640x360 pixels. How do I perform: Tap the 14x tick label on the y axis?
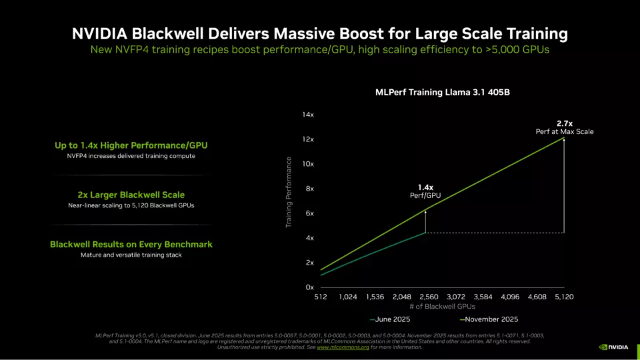click(x=308, y=115)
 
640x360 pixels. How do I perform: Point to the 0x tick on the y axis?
click(x=310, y=287)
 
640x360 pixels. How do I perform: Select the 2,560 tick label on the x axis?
click(x=429, y=297)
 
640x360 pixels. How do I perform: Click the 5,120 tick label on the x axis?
click(x=563, y=297)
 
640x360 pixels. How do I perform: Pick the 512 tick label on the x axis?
click(x=321, y=297)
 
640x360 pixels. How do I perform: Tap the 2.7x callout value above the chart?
click(x=565, y=123)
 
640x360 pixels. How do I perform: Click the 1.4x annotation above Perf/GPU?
click(x=425, y=187)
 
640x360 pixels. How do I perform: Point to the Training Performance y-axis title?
click(x=289, y=192)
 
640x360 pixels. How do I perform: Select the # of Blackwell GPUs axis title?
click(x=442, y=307)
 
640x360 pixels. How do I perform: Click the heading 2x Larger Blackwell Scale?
click(x=131, y=195)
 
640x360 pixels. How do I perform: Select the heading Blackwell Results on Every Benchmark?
click(x=131, y=245)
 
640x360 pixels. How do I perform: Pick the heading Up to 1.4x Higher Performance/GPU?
click(x=131, y=145)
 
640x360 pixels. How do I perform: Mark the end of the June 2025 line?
click(x=425, y=232)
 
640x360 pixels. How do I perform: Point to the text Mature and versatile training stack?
click(x=131, y=255)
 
